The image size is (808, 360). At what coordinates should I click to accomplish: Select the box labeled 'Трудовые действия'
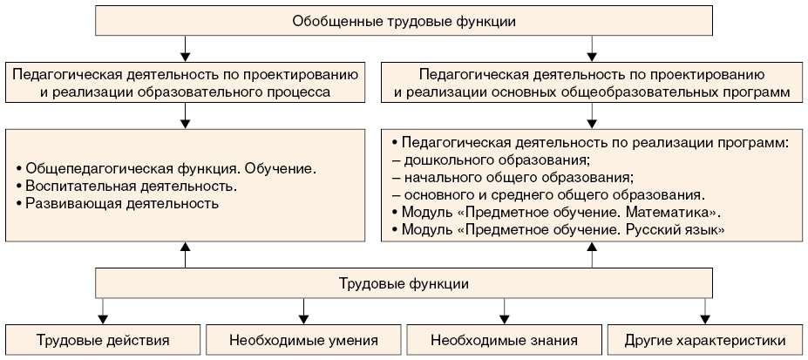103,340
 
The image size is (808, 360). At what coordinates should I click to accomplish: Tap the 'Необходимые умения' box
304,340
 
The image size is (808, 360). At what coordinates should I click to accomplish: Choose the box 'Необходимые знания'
505,340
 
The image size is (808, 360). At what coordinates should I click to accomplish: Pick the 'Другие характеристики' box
705,340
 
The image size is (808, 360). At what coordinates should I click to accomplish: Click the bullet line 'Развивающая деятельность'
117,204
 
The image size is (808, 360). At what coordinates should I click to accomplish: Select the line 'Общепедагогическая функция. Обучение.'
166,167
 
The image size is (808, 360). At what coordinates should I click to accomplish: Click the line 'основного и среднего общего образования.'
554,194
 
